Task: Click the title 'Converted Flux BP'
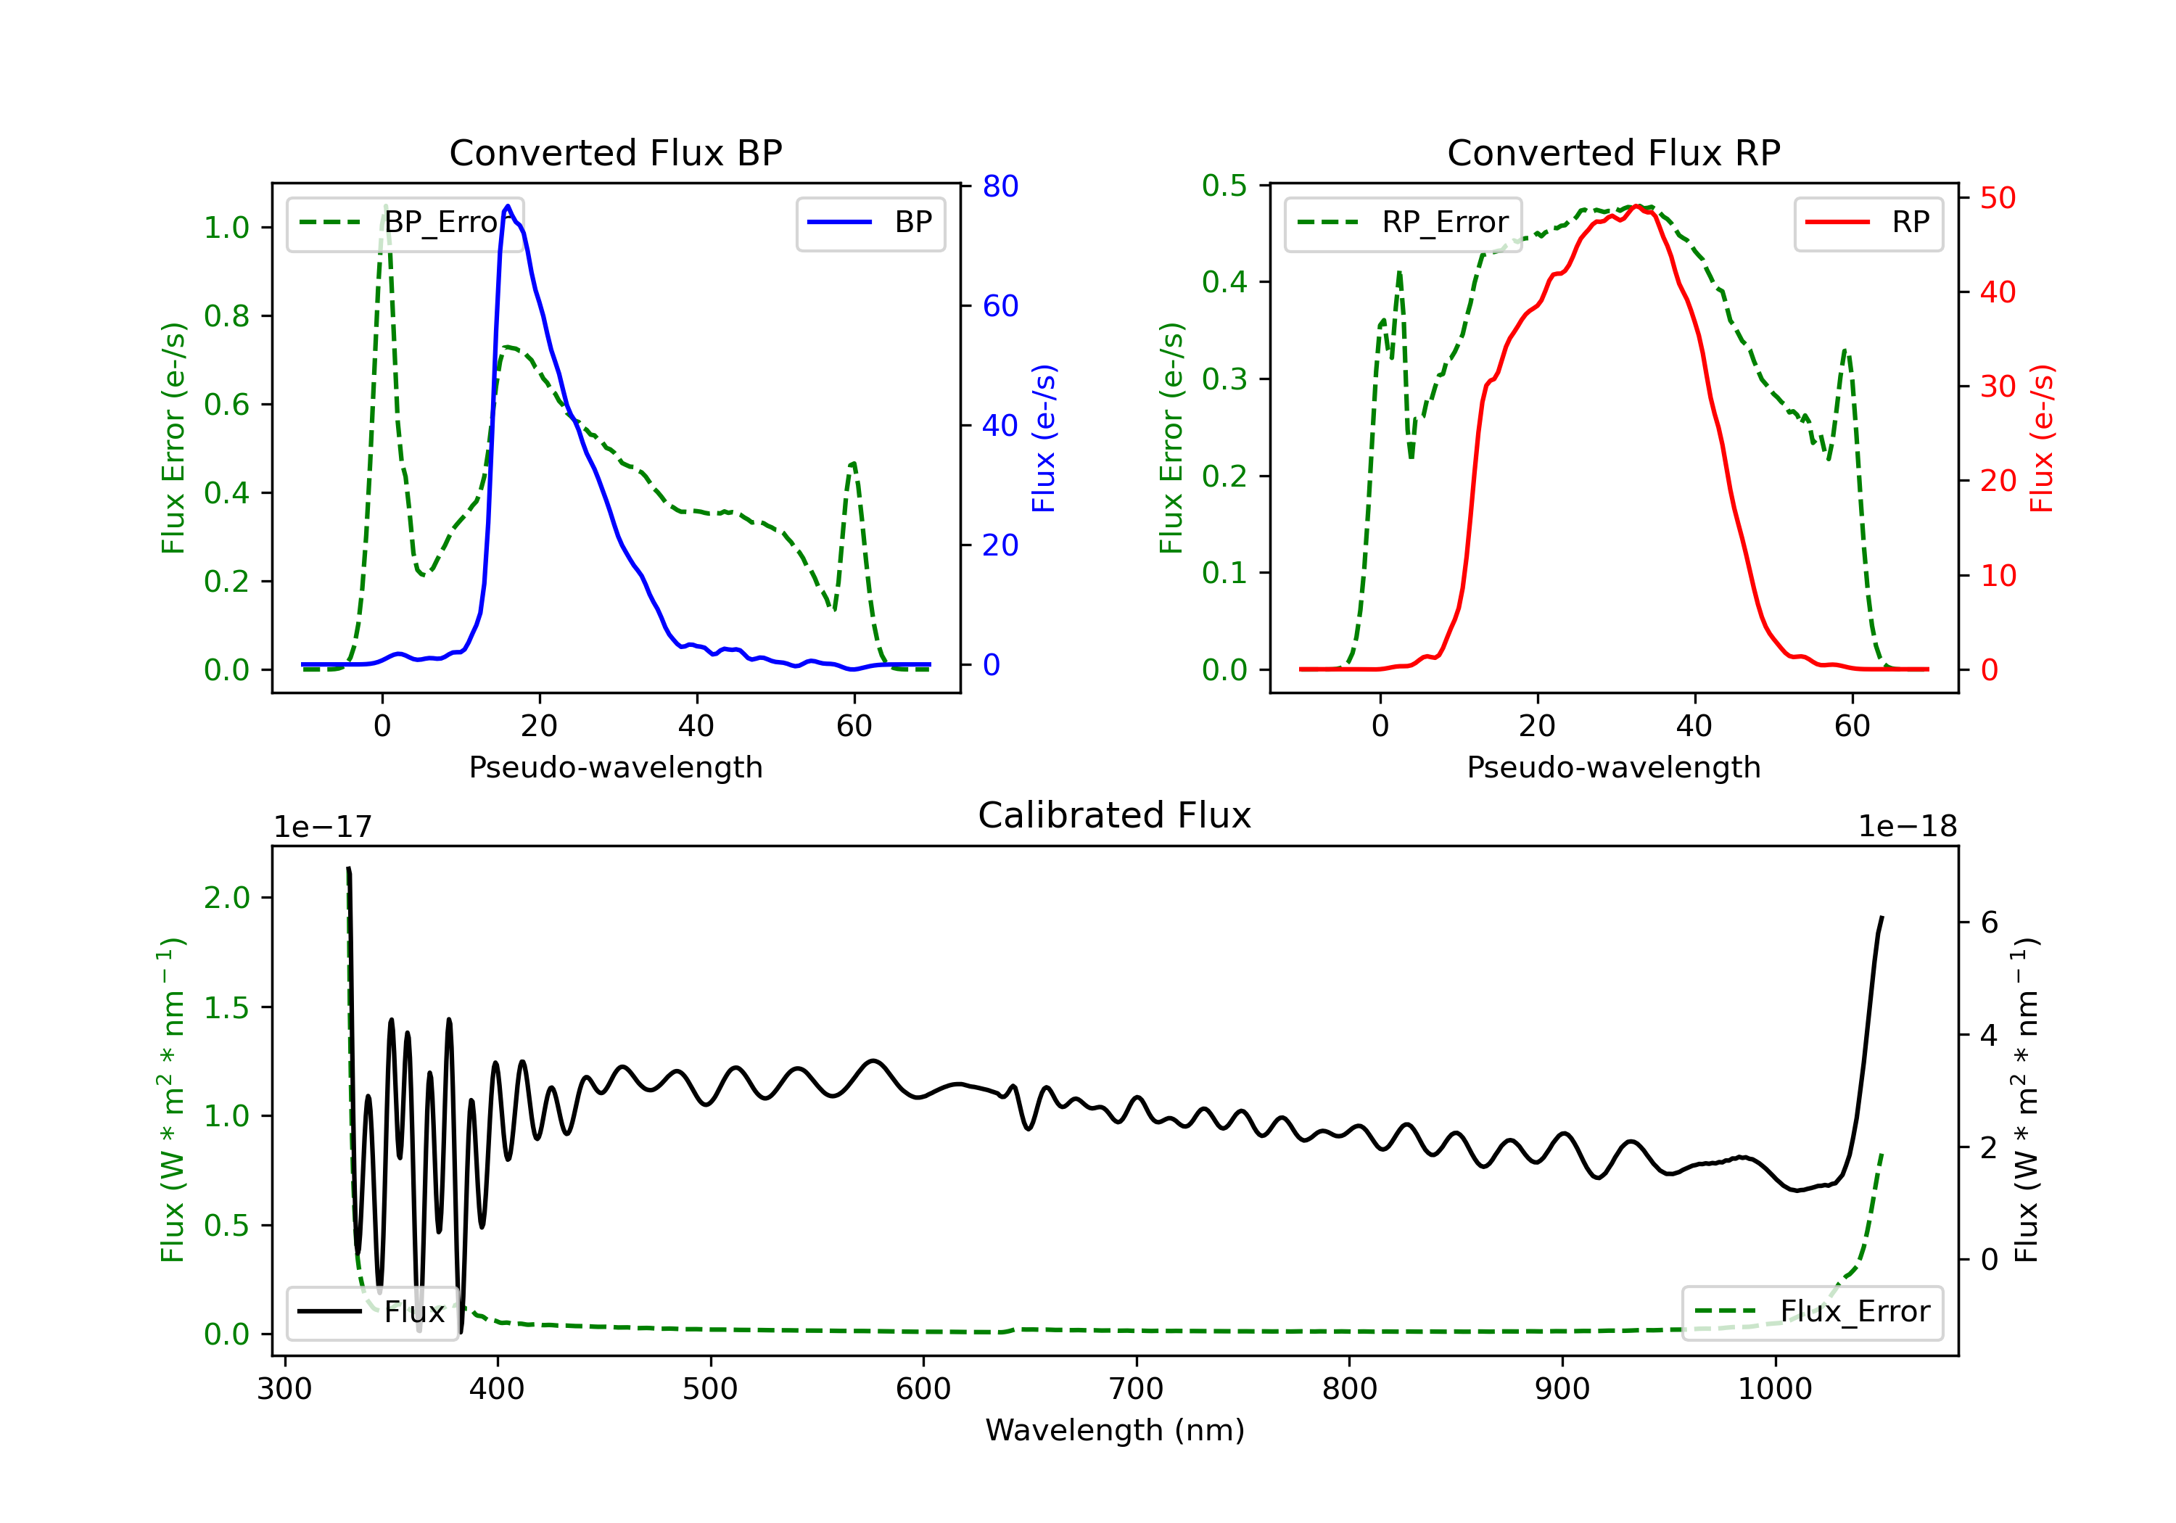pyautogui.click(x=615, y=152)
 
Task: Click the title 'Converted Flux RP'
pyautogui.click(x=1613, y=152)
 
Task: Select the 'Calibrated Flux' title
pyautogui.click(x=1115, y=815)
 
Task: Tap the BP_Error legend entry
pyautogui.click(x=405, y=223)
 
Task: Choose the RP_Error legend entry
pyautogui.click(x=1403, y=223)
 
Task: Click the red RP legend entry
pyautogui.click(x=1868, y=223)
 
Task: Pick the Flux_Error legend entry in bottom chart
pyautogui.click(x=1812, y=1312)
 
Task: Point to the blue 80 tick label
pyautogui.click(x=1000, y=186)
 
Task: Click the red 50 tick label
pyautogui.click(x=1998, y=198)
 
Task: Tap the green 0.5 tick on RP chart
pyautogui.click(x=1224, y=186)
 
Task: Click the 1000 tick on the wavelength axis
pyautogui.click(x=1775, y=1390)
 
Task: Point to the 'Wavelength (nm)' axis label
pyautogui.click(x=1115, y=1430)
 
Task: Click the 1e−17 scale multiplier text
pyautogui.click(x=323, y=827)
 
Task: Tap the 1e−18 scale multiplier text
pyautogui.click(x=1908, y=827)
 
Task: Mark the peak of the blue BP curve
pyautogui.click(x=508, y=206)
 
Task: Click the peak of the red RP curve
pyautogui.click(x=1637, y=206)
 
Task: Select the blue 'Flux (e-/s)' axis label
pyautogui.click(x=1044, y=439)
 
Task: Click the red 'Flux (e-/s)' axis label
pyautogui.click(x=2041, y=439)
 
